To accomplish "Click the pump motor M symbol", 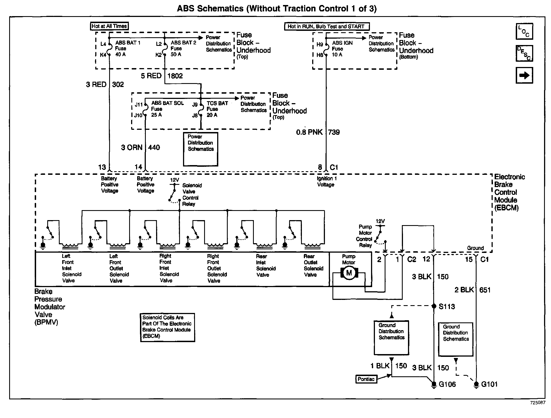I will coord(349,273).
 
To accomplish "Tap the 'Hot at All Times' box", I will coord(109,26).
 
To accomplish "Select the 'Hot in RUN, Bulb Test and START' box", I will coord(327,27).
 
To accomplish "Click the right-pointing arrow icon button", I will coord(524,75).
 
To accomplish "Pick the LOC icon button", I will coord(524,31).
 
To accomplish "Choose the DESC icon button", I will coord(524,53).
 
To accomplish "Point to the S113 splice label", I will coord(447,307).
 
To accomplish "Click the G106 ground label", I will coord(447,384).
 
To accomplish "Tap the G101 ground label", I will coord(489,384).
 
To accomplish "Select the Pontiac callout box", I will coord(366,379).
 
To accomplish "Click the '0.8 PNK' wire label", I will coord(309,132).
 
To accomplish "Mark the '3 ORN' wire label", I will coord(132,148).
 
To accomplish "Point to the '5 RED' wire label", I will coord(151,76).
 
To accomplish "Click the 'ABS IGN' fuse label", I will coord(342,43).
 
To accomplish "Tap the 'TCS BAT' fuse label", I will coord(217,103).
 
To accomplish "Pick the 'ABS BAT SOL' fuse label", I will coord(167,103).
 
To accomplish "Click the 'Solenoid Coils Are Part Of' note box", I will coord(167,327).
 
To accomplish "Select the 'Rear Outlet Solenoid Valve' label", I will coord(313,265).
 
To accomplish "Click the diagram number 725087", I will coord(537,402).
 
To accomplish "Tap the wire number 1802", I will coord(175,76).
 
